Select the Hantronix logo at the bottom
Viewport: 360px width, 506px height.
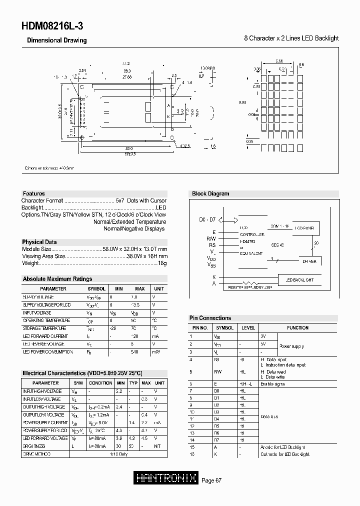pos(167,478)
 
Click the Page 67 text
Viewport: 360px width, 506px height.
pos(211,480)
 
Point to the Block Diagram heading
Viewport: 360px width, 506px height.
pos(210,193)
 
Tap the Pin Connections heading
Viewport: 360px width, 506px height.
pos(210,318)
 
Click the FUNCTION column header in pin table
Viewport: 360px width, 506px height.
pos(297,328)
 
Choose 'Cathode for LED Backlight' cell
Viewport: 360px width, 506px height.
pos(285,454)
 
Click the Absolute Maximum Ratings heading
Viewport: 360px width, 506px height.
pos(57,279)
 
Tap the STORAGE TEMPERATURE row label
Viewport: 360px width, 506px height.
pos(46,328)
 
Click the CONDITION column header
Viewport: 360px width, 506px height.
pos(100,383)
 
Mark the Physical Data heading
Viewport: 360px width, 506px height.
pos(40,242)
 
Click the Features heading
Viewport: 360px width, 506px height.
pos(34,193)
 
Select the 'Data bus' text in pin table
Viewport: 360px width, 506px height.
pos(269,416)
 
